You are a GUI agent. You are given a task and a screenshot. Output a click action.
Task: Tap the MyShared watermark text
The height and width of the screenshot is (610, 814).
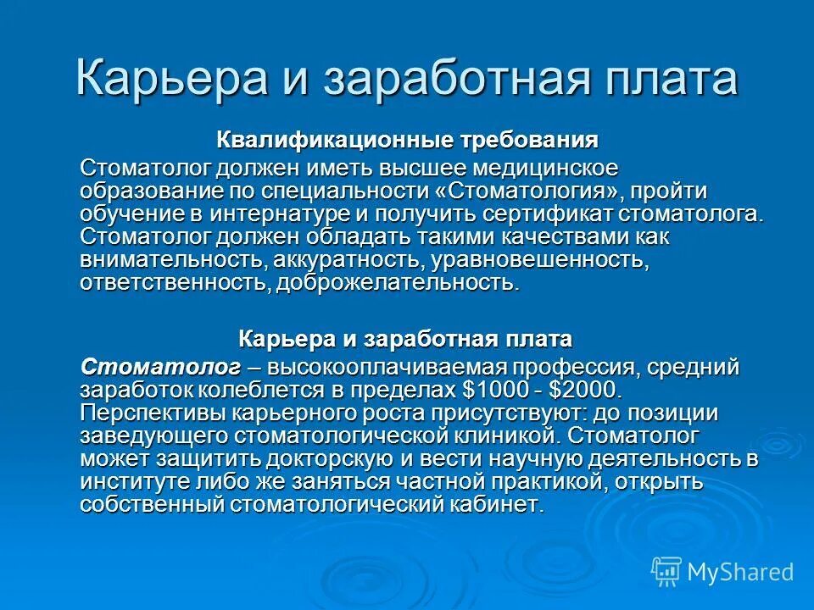(739, 572)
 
